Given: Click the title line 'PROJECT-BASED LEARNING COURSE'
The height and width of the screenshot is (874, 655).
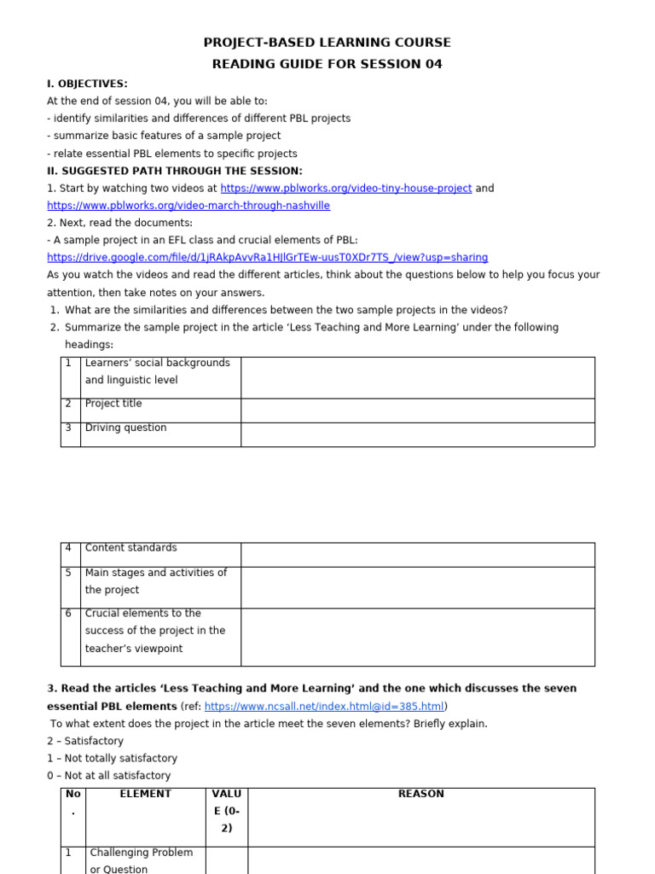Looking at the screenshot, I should pyautogui.click(x=327, y=43).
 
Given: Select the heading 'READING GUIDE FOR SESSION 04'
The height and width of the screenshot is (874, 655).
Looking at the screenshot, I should pyautogui.click(x=327, y=64).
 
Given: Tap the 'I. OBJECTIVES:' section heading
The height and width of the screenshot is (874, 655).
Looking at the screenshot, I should pyautogui.click(x=87, y=84).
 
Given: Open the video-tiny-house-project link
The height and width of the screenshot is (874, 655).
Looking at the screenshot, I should pyautogui.click(x=345, y=189).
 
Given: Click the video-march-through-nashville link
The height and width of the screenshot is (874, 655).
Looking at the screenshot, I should pyautogui.click(x=188, y=206).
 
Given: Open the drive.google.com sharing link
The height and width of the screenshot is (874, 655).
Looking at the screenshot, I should pyautogui.click(x=267, y=258).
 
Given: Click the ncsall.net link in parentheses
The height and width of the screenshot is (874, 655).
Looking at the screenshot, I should pyautogui.click(x=324, y=707).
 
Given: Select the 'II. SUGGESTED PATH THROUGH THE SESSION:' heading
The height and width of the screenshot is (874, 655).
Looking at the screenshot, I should pyautogui.click(x=174, y=171).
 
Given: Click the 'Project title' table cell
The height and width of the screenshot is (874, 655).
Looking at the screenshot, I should pyautogui.click(x=113, y=404).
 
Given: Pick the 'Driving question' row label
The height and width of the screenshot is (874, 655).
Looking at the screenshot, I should pyautogui.click(x=125, y=428).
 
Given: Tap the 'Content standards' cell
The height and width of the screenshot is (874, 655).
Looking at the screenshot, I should pyautogui.click(x=130, y=548).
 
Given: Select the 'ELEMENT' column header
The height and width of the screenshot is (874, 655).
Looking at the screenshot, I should pyautogui.click(x=145, y=795).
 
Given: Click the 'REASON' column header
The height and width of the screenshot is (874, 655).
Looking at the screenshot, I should pyautogui.click(x=420, y=795).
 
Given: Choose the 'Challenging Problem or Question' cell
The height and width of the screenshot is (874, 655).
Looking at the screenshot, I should pyautogui.click(x=142, y=860).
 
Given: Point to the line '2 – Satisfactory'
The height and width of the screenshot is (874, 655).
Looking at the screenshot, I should pyautogui.click(x=85, y=741).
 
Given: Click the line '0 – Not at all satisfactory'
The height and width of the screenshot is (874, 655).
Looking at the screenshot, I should pyautogui.click(x=108, y=776).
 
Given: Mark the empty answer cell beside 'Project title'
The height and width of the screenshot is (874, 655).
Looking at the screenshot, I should pyautogui.click(x=417, y=411).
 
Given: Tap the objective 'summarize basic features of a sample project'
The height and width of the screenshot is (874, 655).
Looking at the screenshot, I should pyautogui.click(x=164, y=136).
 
